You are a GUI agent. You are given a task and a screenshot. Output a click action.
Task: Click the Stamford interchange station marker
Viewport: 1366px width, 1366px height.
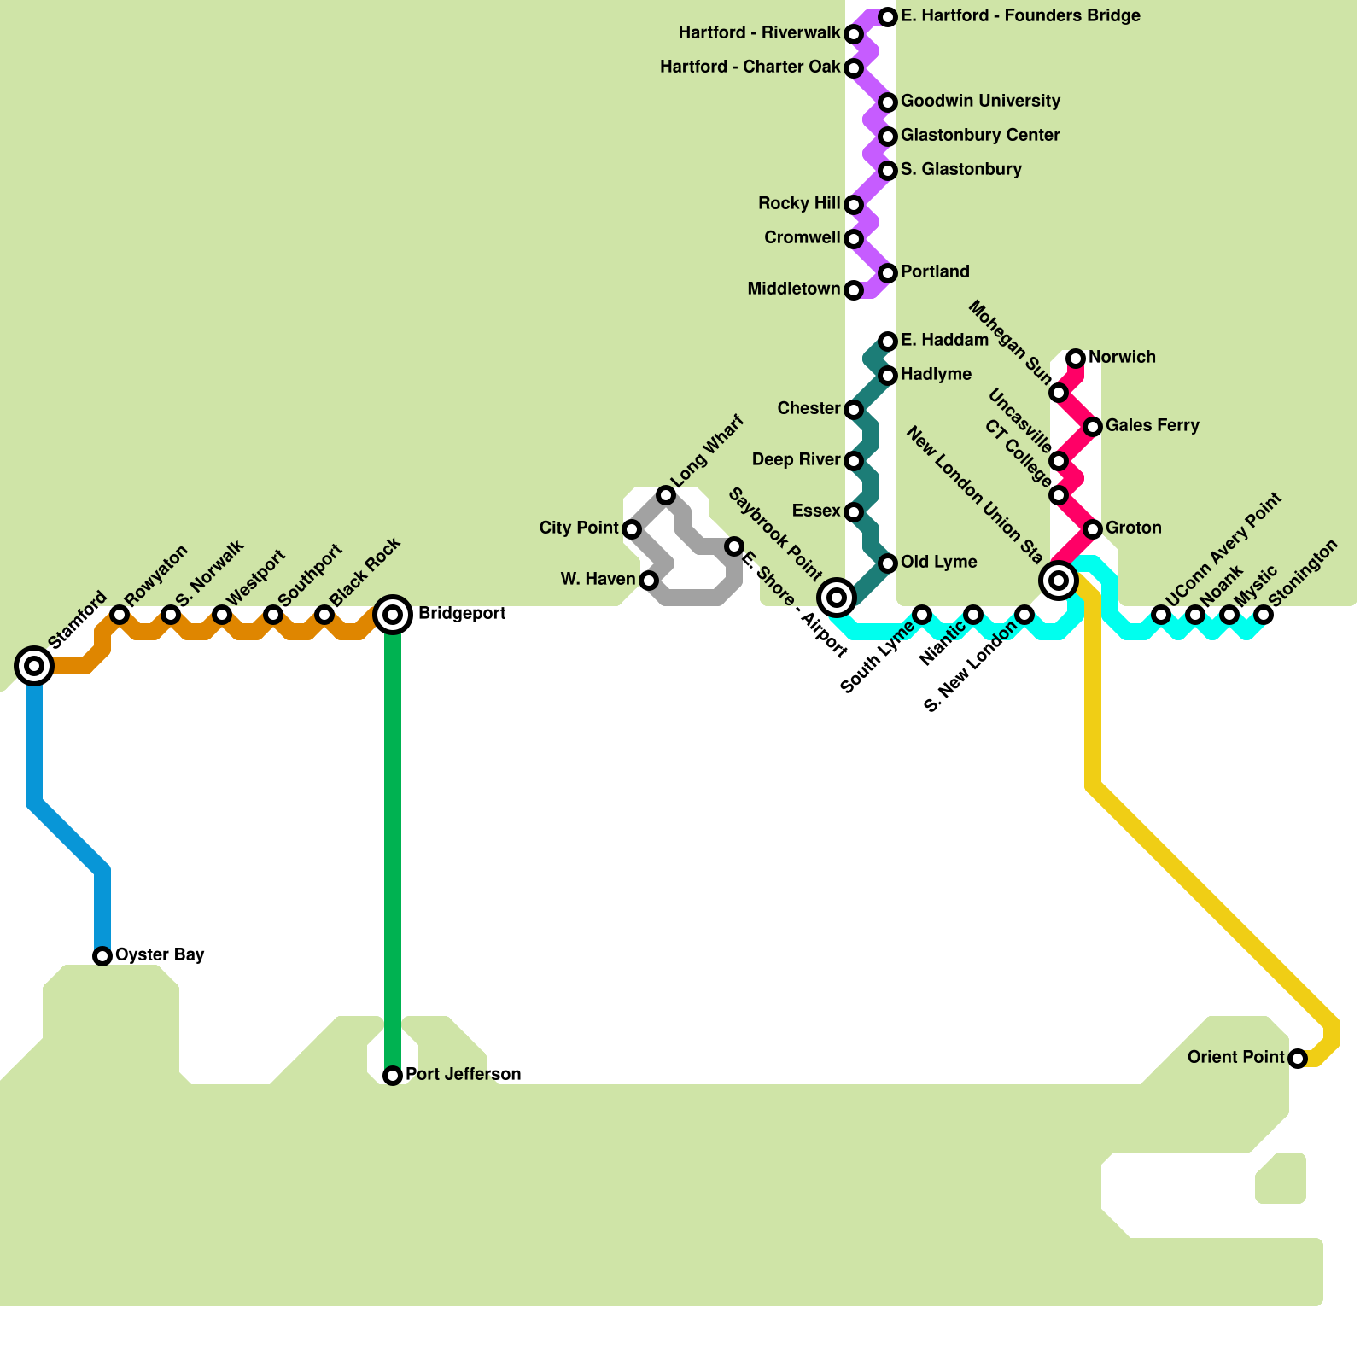click(34, 665)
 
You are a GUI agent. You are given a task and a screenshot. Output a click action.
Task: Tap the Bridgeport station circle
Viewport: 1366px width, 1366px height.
click(393, 614)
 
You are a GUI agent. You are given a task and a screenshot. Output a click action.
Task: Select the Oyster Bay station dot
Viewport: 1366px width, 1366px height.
click(102, 955)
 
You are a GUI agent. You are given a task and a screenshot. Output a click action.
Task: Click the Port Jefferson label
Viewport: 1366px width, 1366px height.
click(463, 1074)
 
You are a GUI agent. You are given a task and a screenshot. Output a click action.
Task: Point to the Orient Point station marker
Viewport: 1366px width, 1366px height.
click(1297, 1059)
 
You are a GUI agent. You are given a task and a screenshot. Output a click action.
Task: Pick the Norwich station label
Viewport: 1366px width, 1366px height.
click(1122, 357)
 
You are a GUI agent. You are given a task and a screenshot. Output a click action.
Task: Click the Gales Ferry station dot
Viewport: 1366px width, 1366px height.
click(1092, 426)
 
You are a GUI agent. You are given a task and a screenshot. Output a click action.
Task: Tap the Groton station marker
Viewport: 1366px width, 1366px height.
click(1092, 528)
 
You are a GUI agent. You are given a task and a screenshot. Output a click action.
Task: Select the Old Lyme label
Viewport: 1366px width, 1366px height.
click(938, 562)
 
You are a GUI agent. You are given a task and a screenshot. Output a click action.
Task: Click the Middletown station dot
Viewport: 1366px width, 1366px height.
click(853, 290)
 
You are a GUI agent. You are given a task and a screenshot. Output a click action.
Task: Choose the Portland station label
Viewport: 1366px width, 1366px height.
click(935, 271)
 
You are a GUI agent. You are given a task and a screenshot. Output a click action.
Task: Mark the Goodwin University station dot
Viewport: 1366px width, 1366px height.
click(887, 102)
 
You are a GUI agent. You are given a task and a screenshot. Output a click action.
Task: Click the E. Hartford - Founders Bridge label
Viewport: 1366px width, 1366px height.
click(1020, 15)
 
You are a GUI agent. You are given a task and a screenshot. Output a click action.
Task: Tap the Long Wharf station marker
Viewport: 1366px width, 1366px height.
click(665, 495)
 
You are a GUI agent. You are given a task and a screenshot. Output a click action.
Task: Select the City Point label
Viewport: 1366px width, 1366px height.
click(578, 528)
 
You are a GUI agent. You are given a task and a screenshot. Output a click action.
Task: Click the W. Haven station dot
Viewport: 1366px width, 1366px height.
click(648, 581)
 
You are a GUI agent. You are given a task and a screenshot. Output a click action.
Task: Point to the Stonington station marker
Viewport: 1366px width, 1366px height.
click(1263, 615)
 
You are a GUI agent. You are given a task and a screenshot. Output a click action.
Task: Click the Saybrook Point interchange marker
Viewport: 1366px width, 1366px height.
click(837, 597)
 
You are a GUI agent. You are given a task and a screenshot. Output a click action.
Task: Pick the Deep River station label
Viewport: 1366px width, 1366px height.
click(796, 459)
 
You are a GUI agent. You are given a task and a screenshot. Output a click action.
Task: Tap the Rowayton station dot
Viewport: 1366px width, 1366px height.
click(120, 615)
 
